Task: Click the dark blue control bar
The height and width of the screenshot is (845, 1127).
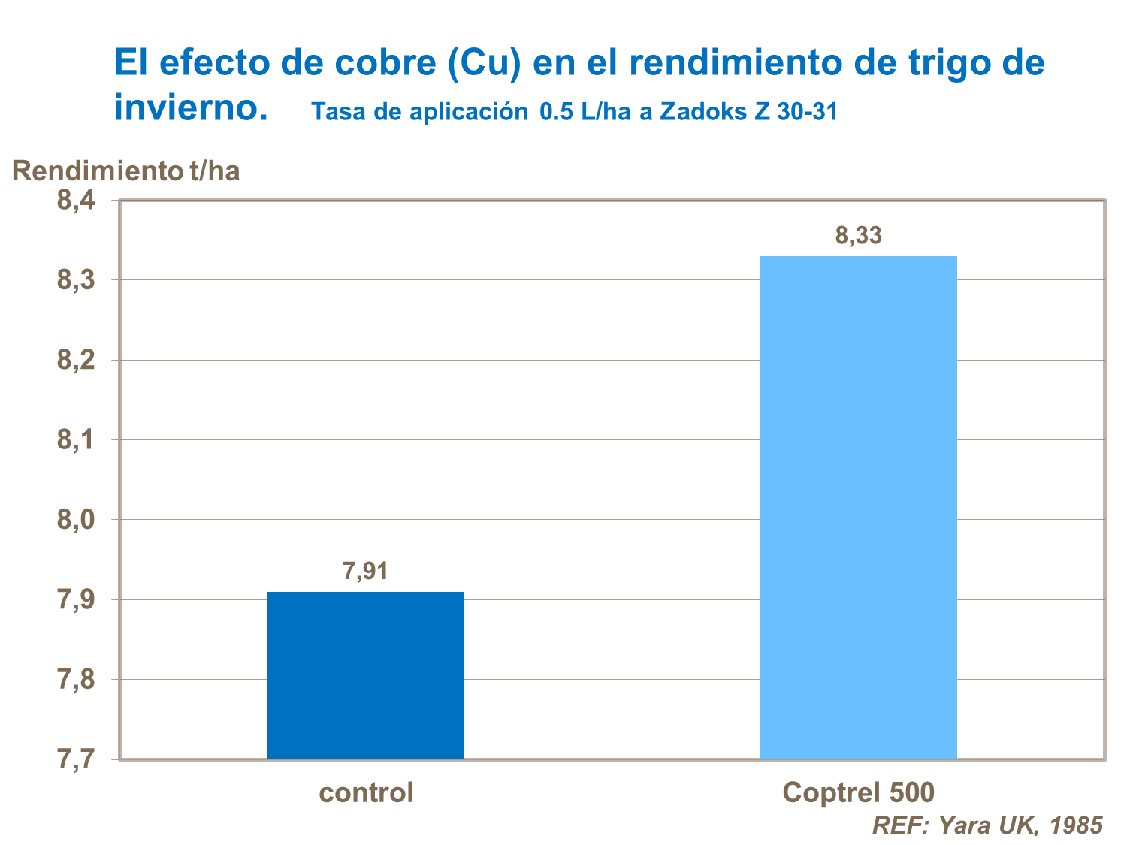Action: point(366,675)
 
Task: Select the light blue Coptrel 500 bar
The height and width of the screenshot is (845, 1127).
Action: point(858,508)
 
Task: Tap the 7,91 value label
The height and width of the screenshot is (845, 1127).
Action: point(366,572)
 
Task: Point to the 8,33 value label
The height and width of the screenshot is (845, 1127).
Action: point(858,236)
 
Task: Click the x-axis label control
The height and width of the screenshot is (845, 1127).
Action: point(366,792)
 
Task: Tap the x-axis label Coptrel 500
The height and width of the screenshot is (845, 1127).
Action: point(858,792)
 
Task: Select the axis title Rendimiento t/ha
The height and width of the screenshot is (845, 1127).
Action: point(126,171)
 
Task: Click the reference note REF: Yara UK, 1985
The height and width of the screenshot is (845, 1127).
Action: point(987,825)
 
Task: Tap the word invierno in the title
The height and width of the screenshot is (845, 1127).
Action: point(190,107)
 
